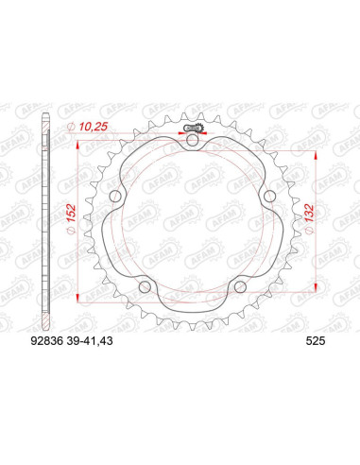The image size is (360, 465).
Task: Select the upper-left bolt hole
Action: pos(115,197)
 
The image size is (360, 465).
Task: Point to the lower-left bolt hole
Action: pos(145,286)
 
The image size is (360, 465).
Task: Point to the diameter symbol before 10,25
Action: pos(72,128)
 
